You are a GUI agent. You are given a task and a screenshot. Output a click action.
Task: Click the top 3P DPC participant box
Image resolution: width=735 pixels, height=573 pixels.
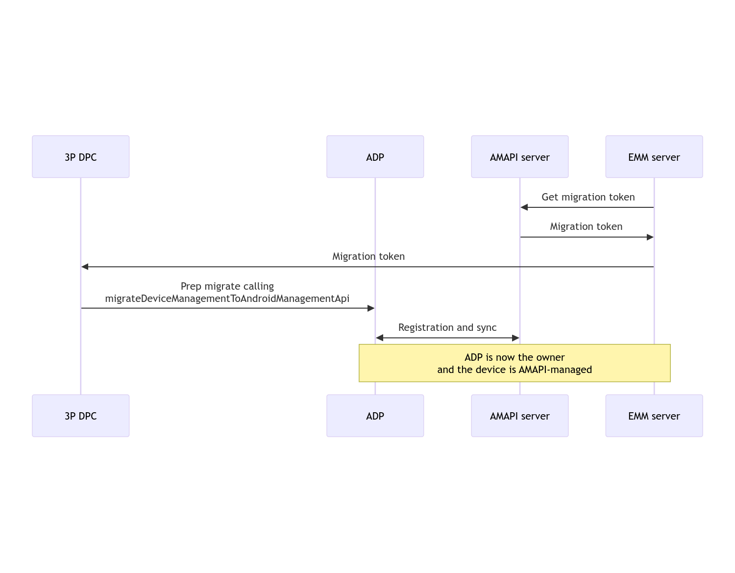81,157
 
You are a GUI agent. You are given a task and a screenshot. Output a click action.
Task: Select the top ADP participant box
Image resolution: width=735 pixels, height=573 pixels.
375,157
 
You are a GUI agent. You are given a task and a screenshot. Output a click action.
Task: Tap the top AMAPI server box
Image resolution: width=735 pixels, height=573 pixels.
519,157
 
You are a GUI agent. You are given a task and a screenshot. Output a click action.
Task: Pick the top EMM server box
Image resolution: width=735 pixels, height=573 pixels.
654,157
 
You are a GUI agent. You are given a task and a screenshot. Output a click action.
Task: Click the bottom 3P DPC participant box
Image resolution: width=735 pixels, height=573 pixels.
81,416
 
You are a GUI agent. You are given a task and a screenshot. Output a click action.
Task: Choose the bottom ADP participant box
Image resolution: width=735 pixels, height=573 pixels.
375,416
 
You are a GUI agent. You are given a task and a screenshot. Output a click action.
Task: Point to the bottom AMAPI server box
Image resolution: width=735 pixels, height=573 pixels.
519,416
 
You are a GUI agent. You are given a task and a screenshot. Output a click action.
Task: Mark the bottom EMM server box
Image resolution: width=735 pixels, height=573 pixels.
654,416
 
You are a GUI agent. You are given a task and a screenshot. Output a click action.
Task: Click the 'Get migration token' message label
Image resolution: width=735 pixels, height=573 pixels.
588,197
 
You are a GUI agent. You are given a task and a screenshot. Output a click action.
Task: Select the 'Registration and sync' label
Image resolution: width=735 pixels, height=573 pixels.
447,327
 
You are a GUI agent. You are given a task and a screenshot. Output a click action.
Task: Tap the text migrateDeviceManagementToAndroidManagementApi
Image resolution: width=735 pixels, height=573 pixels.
227,299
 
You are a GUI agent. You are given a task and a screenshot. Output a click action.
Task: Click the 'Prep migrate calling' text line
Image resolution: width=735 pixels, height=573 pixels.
227,286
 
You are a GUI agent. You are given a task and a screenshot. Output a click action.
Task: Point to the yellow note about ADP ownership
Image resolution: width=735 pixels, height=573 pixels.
514,363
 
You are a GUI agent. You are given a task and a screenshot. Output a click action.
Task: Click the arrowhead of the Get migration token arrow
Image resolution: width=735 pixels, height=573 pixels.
524,207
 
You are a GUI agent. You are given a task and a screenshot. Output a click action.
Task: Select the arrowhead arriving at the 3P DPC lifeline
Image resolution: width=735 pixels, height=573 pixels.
85,267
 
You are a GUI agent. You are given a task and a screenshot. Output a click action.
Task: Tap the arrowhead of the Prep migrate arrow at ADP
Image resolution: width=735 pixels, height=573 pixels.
371,308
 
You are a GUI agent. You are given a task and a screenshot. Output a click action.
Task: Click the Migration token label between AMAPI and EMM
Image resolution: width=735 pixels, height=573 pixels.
586,226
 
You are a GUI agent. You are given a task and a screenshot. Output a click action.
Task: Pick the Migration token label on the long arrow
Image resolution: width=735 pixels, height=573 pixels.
368,256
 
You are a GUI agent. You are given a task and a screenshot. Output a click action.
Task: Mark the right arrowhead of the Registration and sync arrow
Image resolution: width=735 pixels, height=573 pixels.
515,338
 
